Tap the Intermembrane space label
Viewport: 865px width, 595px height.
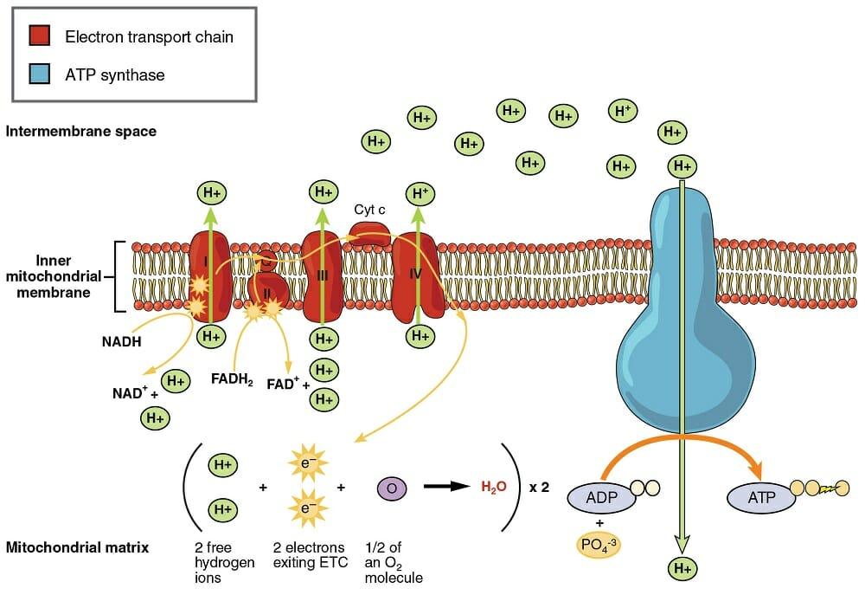coord(80,132)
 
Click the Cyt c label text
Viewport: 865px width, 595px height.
coord(369,210)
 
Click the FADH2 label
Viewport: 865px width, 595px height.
coord(231,378)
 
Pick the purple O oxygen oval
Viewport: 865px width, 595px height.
coord(391,488)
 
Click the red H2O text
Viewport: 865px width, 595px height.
coord(493,488)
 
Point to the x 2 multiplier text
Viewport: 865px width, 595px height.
coord(539,488)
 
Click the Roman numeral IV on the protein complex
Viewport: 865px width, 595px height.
coord(413,274)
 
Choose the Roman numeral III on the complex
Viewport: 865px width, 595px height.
coord(322,275)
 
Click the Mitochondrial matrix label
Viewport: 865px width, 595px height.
coord(77,547)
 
